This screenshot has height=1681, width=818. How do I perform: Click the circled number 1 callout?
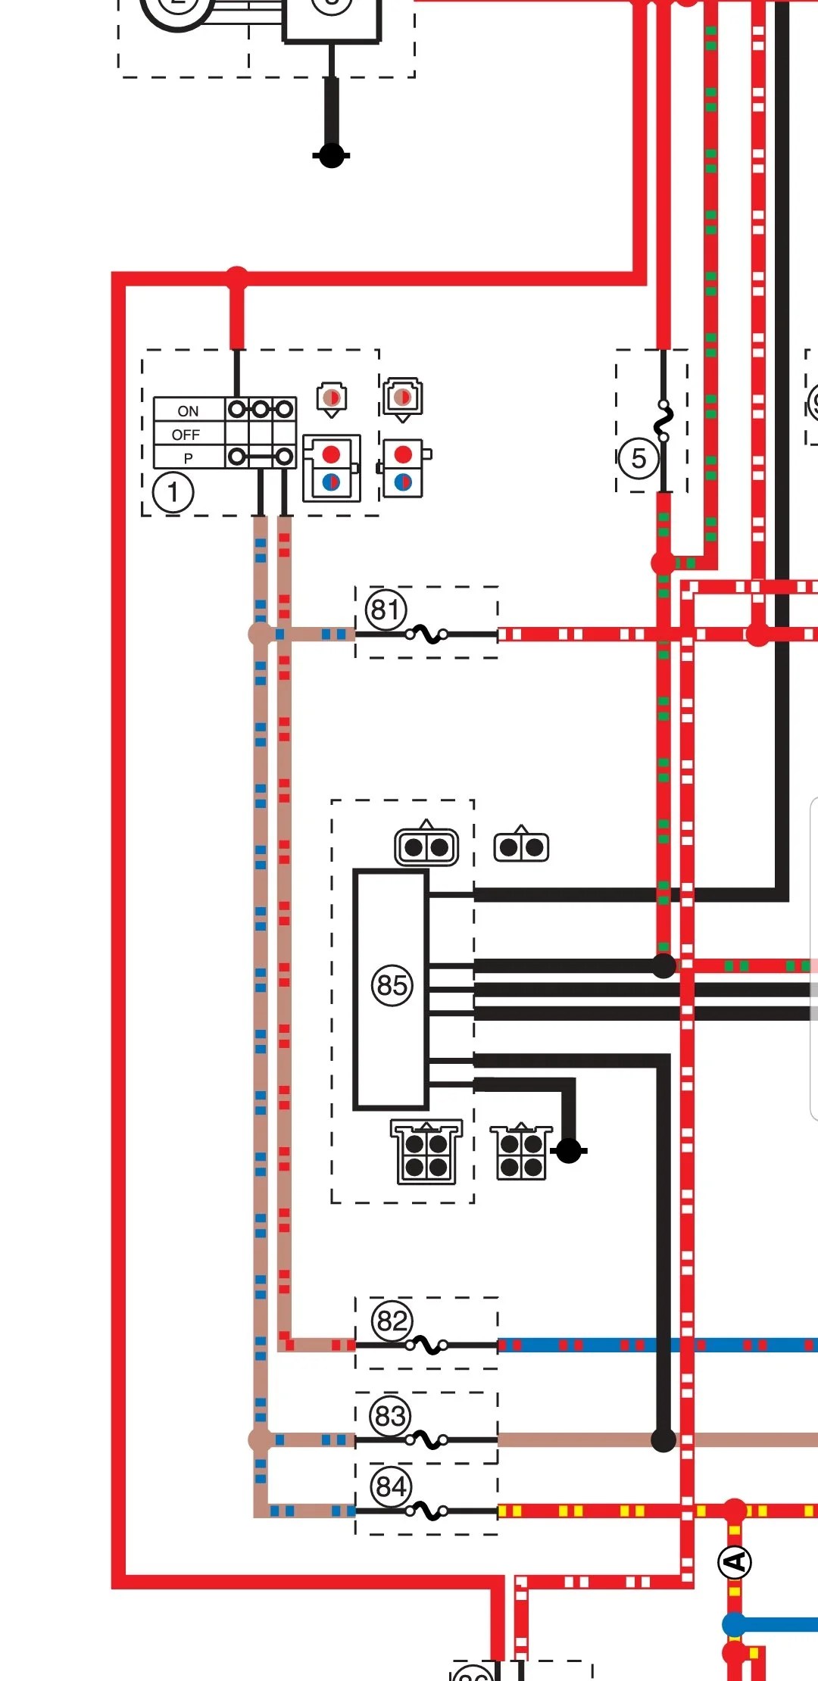point(173,492)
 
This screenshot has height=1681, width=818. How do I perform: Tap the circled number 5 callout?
point(638,458)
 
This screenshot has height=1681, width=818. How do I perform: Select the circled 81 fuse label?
point(386,609)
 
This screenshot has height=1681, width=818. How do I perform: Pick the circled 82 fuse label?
point(392,1321)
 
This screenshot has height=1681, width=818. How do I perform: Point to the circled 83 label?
point(390,1415)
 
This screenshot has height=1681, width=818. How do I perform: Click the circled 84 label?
point(391,1486)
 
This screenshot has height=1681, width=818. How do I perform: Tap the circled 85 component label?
point(392,985)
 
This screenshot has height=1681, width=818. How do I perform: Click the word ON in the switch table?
point(188,411)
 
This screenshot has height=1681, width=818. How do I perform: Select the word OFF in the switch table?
point(186,435)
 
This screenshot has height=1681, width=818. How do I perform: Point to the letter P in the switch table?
point(188,458)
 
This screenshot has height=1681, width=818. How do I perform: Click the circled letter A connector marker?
point(734,1562)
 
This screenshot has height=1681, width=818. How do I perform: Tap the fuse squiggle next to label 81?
point(428,635)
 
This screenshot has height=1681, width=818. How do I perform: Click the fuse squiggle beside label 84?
point(428,1511)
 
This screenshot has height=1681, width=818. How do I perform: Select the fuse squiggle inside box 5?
point(663,422)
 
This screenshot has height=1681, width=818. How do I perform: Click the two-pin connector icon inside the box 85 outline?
point(426,847)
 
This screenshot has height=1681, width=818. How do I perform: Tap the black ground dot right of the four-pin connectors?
point(569,1151)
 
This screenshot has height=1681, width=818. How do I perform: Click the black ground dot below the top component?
point(331,156)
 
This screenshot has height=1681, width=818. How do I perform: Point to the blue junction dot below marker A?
point(734,1624)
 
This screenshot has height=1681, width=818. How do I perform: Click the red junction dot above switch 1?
point(237,276)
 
